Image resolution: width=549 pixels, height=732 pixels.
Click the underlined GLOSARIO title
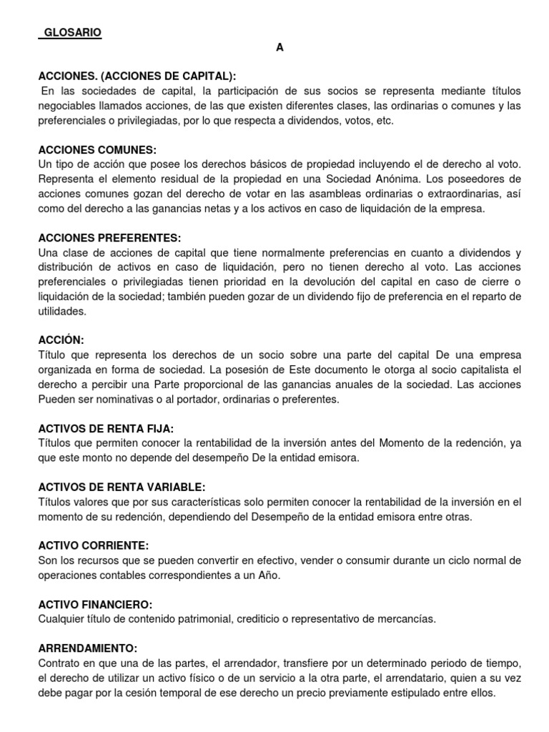(70, 32)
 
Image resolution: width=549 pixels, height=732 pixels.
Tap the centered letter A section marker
(280, 47)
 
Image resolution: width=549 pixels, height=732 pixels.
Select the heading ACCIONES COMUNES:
(97, 150)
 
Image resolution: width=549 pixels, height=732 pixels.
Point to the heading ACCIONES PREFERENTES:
(109, 237)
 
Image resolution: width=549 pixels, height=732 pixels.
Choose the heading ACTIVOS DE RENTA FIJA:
(106, 428)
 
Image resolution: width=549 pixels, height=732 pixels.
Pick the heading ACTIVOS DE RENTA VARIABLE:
(122, 487)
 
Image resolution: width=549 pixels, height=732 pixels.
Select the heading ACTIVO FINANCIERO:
(95, 604)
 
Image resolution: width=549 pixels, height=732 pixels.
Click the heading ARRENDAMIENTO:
(87, 648)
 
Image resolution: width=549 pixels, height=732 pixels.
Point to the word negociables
(65, 106)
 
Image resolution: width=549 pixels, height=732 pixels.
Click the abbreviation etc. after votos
(385, 121)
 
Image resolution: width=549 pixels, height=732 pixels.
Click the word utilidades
(62, 311)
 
